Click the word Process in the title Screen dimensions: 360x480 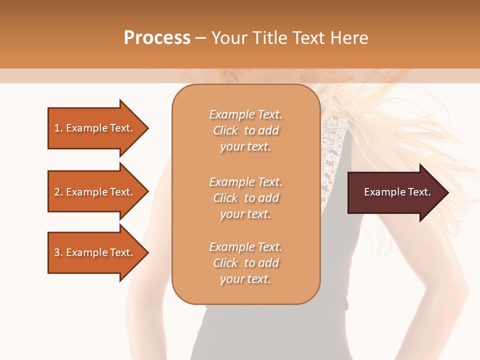point(157,38)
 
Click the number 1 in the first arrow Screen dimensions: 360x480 point(57,128)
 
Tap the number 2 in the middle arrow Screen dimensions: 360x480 point(57,192)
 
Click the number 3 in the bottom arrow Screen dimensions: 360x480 point(57,252)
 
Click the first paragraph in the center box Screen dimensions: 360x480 point(245,130)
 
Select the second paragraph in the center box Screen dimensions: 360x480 point(245,198)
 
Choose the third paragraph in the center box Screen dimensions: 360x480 point(245,263)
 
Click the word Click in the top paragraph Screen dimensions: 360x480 point(225,130)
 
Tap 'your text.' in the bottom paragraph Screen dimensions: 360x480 point(245,279)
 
